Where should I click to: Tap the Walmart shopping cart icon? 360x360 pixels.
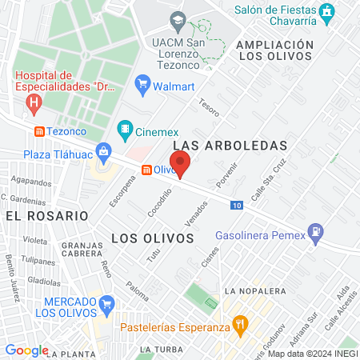coord(143,82)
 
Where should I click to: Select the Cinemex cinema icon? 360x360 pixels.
coord(125,128)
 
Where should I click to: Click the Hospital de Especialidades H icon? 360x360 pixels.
coord(34,102)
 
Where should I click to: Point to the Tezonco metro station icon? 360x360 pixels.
coord(39,131)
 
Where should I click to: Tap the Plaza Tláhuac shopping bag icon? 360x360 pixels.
coord(103,151)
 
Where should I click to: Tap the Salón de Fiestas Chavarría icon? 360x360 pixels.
coord(326,12)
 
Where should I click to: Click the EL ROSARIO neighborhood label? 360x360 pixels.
coord(46,216)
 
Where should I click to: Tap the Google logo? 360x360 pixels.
coord(26,350)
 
